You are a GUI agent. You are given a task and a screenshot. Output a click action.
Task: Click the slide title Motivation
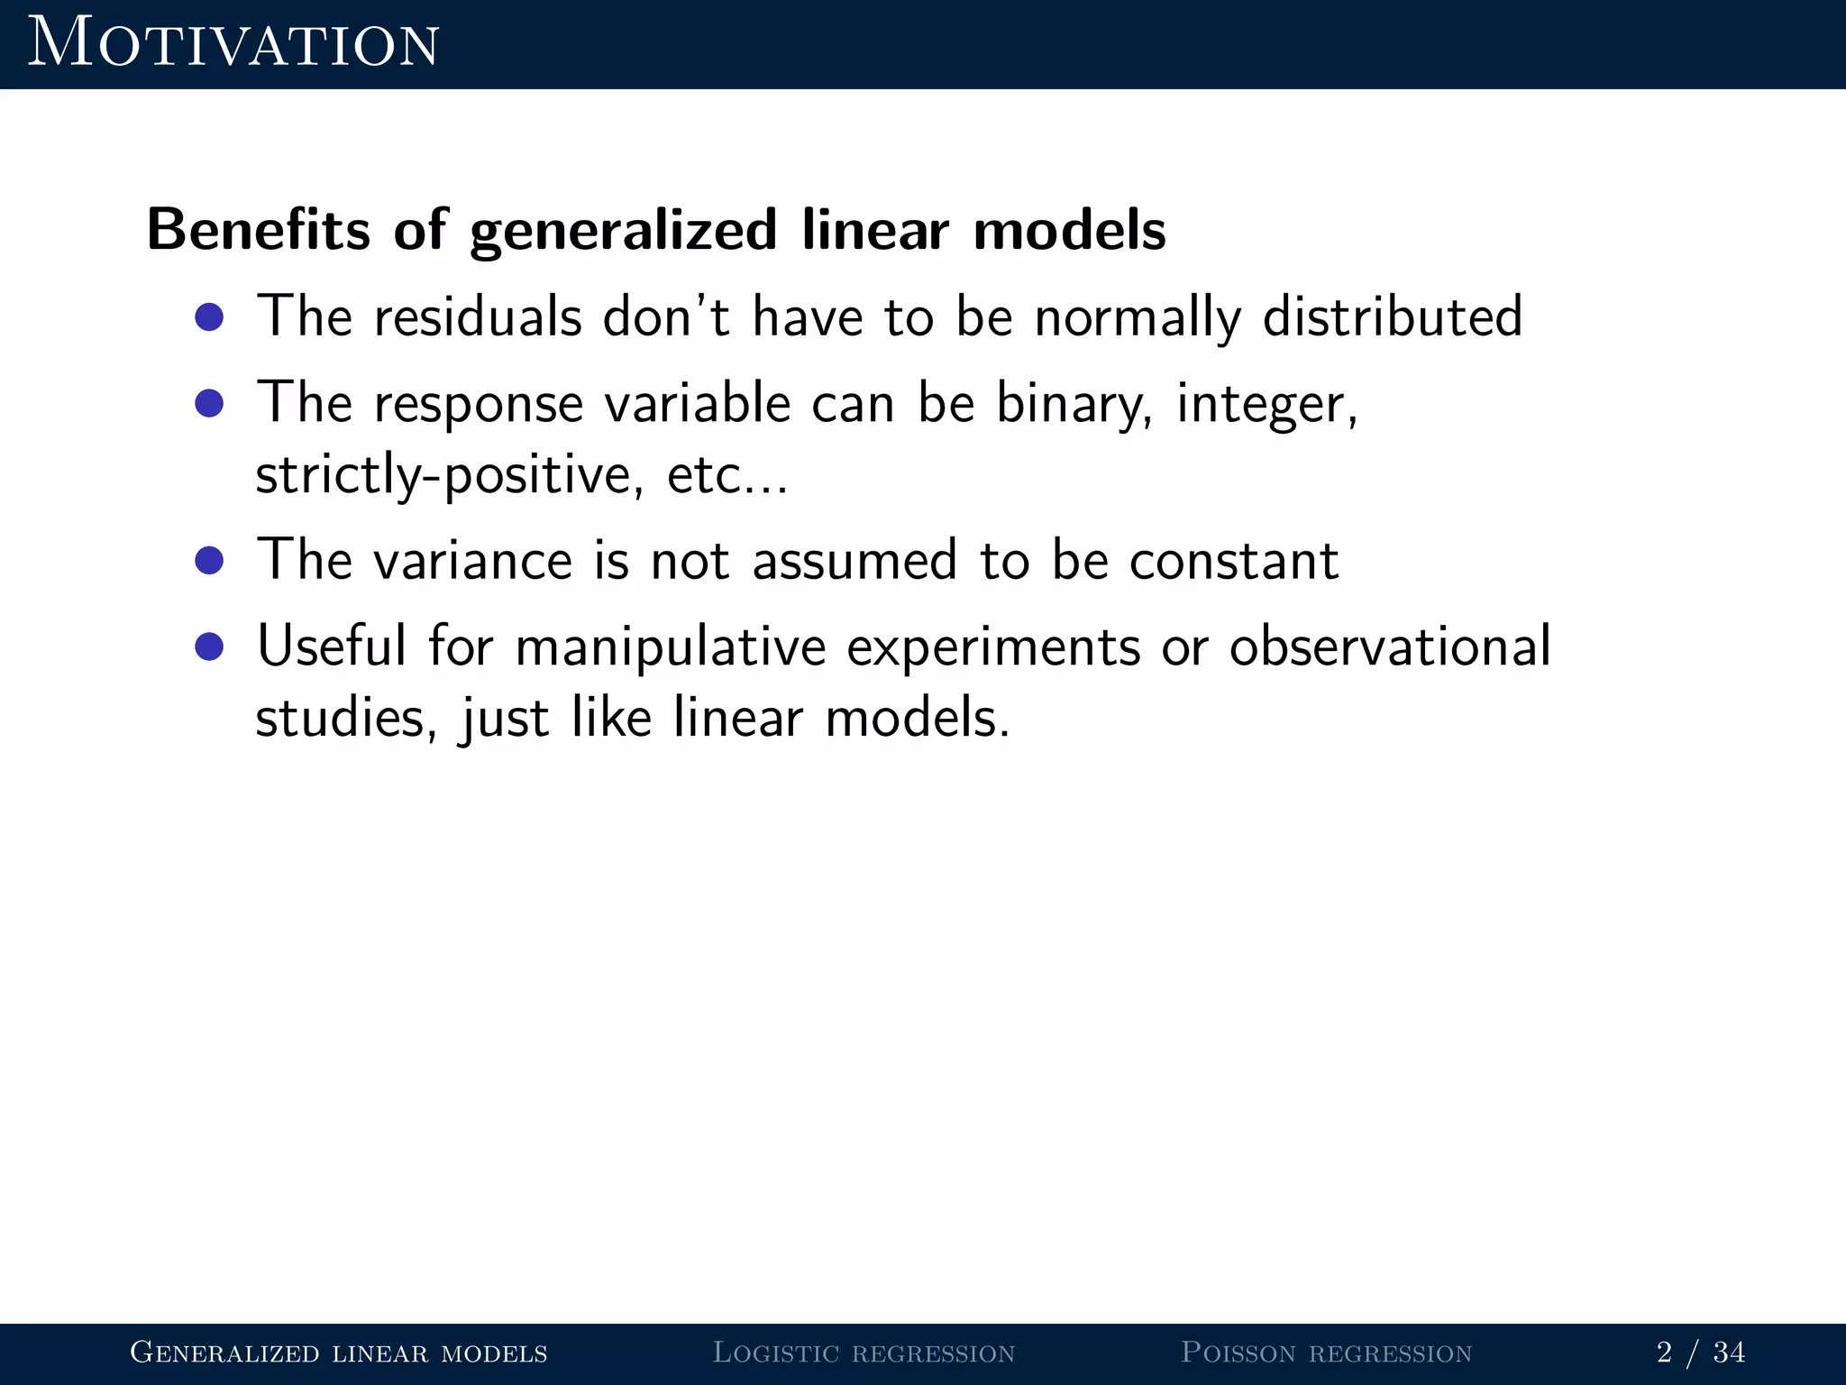click(233, 43)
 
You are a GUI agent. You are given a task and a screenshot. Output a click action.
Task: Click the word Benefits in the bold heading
click(259, 230)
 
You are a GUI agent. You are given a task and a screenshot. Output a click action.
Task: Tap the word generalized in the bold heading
click(623, 232)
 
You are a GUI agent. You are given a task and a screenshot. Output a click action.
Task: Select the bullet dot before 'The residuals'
click(209, 316)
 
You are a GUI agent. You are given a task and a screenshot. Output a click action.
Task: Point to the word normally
click(1138, 318)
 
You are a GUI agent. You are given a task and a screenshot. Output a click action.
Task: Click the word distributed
click(1392, 316)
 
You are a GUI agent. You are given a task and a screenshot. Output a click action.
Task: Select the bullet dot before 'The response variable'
click(209, 403)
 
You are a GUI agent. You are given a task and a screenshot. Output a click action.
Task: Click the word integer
click(1265, 403)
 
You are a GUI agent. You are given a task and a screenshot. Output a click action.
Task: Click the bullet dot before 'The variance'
click(209, 561)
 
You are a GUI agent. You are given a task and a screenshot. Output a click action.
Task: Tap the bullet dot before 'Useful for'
click(209, 647)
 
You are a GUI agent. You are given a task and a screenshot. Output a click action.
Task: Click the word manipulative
click(671, 647)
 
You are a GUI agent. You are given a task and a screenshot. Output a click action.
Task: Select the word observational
click(1389, 647)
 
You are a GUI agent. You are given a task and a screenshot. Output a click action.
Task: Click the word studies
click(345, 719)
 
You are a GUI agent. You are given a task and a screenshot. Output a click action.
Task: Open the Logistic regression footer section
click(864, 1353)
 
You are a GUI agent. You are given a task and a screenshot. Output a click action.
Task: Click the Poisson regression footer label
click(1326, 1353)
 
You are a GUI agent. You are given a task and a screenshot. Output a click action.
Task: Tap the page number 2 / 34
click(1700, 1353)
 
